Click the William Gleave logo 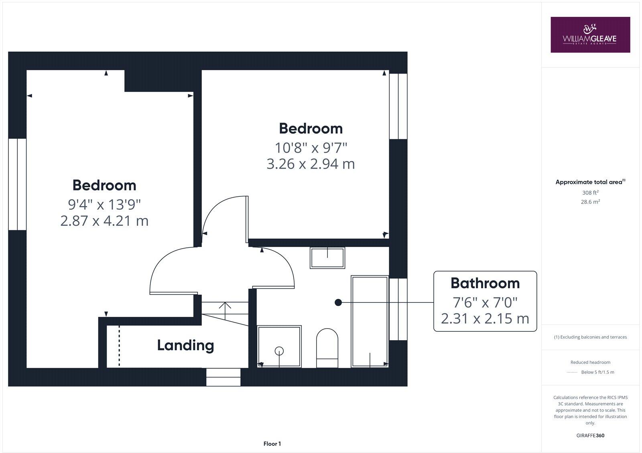[590, 35]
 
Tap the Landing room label [185, 345]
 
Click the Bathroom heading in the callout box [485, 283]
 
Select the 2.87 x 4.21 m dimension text [104, 221]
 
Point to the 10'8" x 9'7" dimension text [311, 148]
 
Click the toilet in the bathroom [327, 348]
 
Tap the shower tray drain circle [279, 351]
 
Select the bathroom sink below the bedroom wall [327, 258]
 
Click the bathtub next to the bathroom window [370, 321]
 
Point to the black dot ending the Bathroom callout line [338, 302]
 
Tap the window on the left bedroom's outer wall [17, 184]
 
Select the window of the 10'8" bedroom [398, 106]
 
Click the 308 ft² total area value [590, 192]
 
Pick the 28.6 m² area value [590, 202]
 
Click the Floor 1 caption [272, 444]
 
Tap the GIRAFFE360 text [590, 435]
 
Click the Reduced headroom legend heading [590, 362]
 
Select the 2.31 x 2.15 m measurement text [485, 318]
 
